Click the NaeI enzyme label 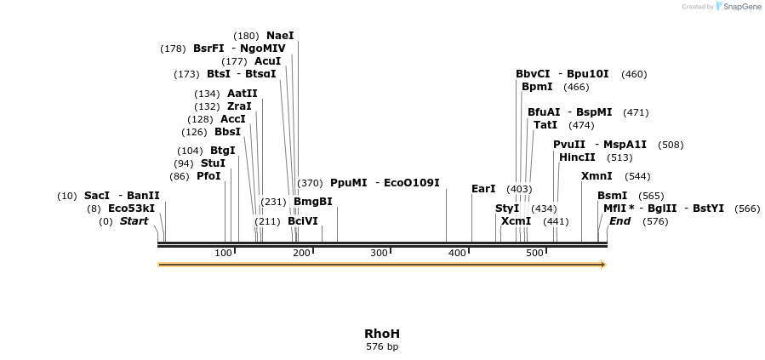[280, 36]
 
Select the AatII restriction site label [242, 94]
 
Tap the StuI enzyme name [213, 163]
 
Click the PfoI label [208, 176]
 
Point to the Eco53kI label [131, 209]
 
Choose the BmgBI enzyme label [312, 202]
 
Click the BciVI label [302, 221]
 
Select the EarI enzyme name [483, 189]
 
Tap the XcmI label [516, 221]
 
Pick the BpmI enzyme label [537, 87]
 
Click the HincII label [577, 157]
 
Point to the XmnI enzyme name [597, 176]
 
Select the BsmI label [612, 196]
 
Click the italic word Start [134, 221]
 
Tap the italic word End [619, 221]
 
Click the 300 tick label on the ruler [379, 253]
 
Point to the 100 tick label [223, 253]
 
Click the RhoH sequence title [382, 334]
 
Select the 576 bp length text [382, 346]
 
